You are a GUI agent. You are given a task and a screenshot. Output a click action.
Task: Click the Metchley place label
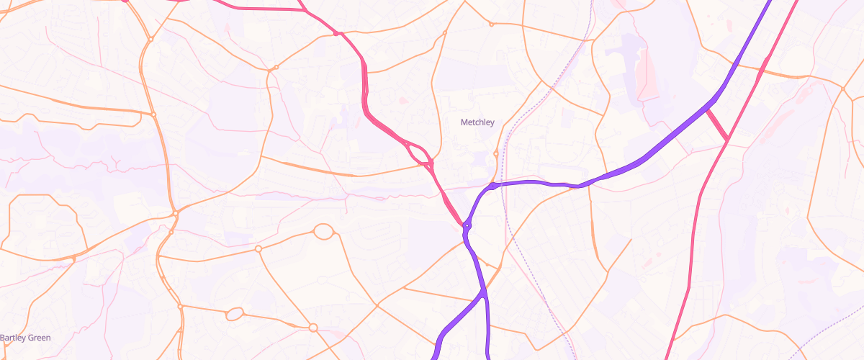(x=477, y=122)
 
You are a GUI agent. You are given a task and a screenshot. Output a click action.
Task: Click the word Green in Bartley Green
(x=40, y=338)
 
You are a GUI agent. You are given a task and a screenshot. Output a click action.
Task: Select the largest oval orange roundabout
(x=324, y=232)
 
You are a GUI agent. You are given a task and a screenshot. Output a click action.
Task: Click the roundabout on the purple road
(x=467, y=227)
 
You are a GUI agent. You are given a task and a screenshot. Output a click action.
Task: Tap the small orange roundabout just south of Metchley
(x=496, y=153)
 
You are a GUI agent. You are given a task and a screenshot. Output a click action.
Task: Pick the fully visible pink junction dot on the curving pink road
(x=336, y=33)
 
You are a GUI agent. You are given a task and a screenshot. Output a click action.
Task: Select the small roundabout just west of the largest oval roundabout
(x=258, y=249)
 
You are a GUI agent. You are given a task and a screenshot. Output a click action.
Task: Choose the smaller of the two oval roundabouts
(x=235, y=314)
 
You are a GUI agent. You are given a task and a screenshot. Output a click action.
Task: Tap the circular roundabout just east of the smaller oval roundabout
(x=313, y=328)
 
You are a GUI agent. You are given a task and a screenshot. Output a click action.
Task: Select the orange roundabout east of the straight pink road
(x=843, y=89)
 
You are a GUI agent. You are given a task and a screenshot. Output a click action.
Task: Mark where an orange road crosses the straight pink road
(x=762, y=71)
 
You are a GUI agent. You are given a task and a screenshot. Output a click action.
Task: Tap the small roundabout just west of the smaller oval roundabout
(x=181, y=307)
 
